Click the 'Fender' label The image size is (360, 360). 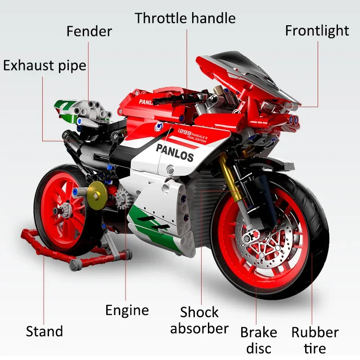[x=89, y=31]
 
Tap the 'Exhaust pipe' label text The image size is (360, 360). [x=45, y=65]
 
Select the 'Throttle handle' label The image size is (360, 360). [x=185, y=18]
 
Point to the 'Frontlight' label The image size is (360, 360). [x=317, y=31]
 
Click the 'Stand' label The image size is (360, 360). [x=44, y=332]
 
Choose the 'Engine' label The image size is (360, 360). [x=127, y=310]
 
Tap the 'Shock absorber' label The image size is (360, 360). [x=199, y=320]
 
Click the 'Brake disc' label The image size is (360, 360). [x=258, y=340]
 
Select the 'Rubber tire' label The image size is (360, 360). [x=315, y=340]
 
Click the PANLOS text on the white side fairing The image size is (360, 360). [x=175, y=153]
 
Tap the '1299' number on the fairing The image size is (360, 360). [x=184, y=131]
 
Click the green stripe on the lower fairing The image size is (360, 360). [x=153, y=225]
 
